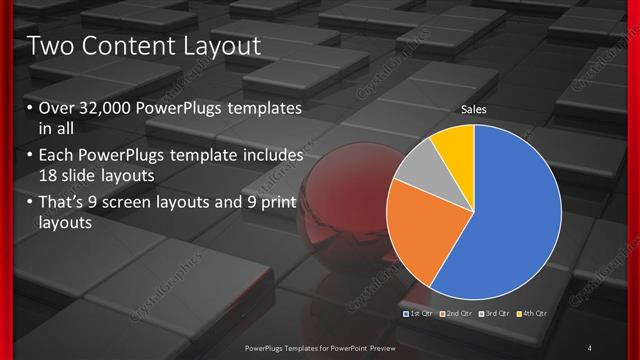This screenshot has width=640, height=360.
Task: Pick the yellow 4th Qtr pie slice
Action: pos(455,143)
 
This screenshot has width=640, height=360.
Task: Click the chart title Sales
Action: pos(473,109)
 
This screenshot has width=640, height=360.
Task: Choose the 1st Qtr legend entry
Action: pos(417,314)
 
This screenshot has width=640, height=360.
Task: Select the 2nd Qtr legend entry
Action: pos(457,314)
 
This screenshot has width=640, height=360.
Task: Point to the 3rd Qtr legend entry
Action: pos(496,314)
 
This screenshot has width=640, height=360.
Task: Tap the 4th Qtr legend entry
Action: pos(534,314)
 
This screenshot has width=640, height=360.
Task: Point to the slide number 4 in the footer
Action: pos(590,346)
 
